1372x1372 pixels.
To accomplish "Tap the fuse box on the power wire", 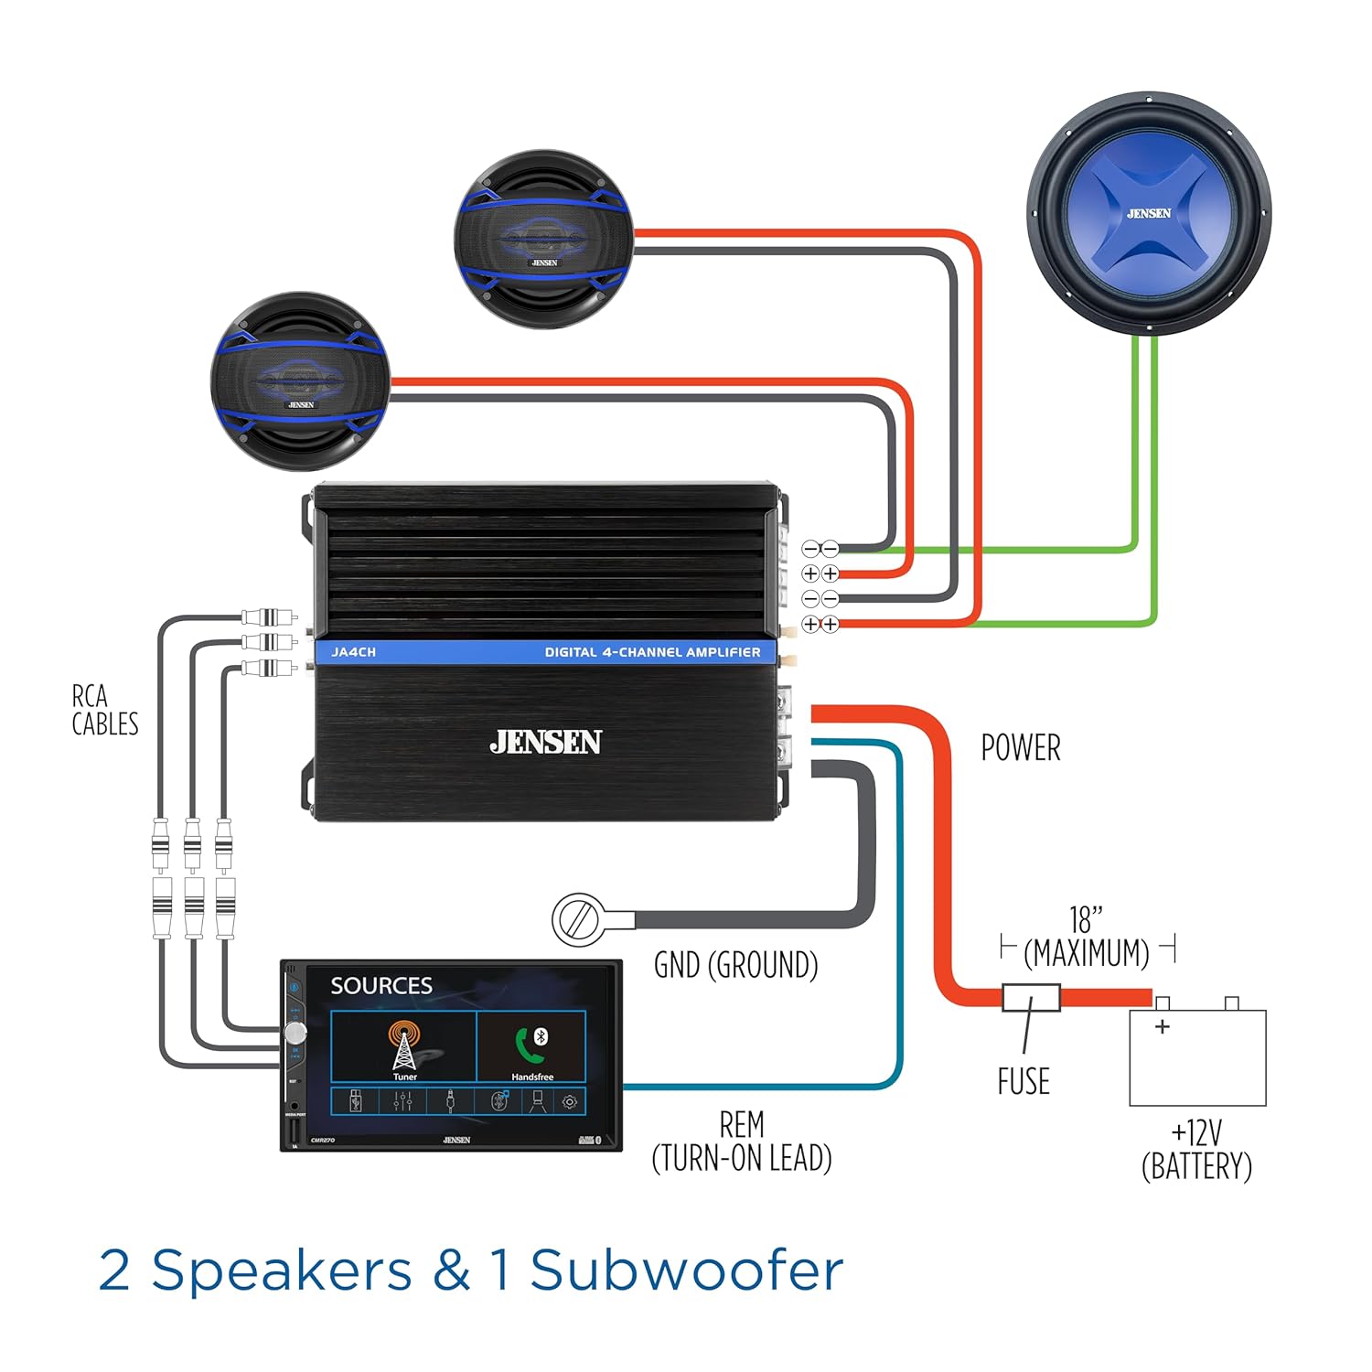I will coord(1031,997).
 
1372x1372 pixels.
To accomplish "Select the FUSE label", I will coord(1024,1081).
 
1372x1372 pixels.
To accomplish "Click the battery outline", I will coord(1197,1057).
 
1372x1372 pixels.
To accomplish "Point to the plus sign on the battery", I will coord(1163,1026).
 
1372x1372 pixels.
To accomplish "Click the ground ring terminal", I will coord(576,919).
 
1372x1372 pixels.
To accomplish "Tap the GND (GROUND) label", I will coord(735,965).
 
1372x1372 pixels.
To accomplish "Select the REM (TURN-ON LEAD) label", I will coord(742,1142).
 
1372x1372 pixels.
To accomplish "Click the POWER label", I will coord(1021,748).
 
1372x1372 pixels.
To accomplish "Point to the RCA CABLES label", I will coord(104,710).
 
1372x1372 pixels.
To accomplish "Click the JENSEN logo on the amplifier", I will coord(545,742).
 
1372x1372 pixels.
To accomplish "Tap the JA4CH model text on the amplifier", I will coord(353,652).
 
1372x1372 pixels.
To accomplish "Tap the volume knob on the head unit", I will coord(295,1033).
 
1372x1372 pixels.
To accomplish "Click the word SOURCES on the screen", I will coord(381,986).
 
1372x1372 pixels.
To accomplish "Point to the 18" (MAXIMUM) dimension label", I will coord(1087,938).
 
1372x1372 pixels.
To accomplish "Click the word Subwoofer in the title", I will coord(686,1271).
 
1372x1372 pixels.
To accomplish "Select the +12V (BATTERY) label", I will coord(1196,1151).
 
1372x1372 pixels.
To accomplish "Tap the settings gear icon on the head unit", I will coord(570,1102).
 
